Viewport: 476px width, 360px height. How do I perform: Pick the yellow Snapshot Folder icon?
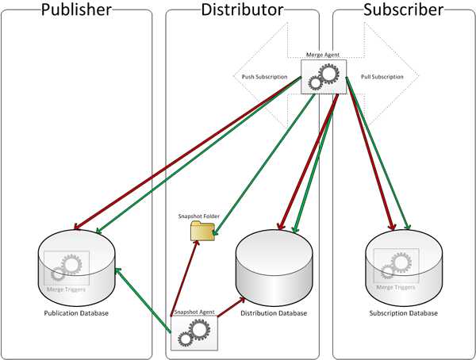tap(202, 231)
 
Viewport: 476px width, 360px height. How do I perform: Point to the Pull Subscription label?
tap(382, 77)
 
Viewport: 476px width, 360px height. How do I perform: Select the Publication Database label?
tap(76, 313)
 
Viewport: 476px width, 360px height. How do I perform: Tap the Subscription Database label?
tap(404, 313)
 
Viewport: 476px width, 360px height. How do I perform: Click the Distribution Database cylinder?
tap(275, 270)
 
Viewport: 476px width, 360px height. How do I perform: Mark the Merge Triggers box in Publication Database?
tap(66, 270)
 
